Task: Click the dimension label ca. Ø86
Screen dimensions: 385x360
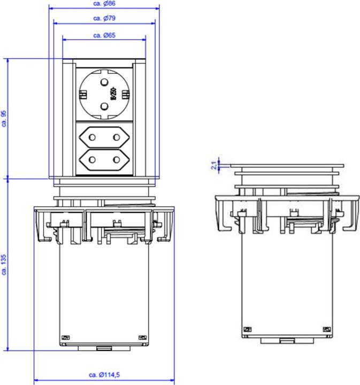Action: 104,3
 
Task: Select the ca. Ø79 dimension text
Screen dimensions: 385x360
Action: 104,18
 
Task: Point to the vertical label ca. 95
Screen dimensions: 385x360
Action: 4,118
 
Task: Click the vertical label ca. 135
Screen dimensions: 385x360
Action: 4,265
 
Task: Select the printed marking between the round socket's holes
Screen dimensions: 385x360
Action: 113,95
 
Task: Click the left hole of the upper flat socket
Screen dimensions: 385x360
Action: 92,137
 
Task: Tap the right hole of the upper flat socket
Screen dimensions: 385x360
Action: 116,137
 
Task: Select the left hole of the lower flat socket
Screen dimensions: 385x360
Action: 92,160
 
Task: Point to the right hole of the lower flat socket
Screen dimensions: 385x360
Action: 116,160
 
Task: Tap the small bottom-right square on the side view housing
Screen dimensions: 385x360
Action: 325,329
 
